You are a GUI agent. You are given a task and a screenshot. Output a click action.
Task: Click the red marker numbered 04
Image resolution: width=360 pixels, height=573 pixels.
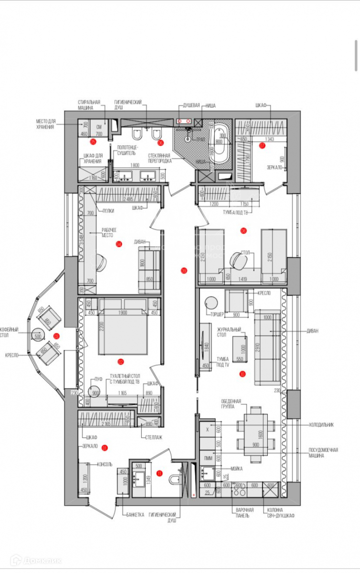(x=119, y=244)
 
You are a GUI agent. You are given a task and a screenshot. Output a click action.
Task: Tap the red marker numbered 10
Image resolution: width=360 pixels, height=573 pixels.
(x=243, y=374)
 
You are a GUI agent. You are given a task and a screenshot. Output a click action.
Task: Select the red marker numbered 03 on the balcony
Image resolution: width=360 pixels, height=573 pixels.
(x=56, y=336)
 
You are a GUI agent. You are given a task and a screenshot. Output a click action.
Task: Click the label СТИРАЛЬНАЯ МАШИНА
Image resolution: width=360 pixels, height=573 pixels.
(x=89, y=106)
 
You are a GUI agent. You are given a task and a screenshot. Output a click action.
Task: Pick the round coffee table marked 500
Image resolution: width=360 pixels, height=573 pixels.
(x=38, y=336)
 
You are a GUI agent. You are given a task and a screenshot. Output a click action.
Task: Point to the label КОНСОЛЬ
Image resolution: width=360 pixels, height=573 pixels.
(x=104, y=464)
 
